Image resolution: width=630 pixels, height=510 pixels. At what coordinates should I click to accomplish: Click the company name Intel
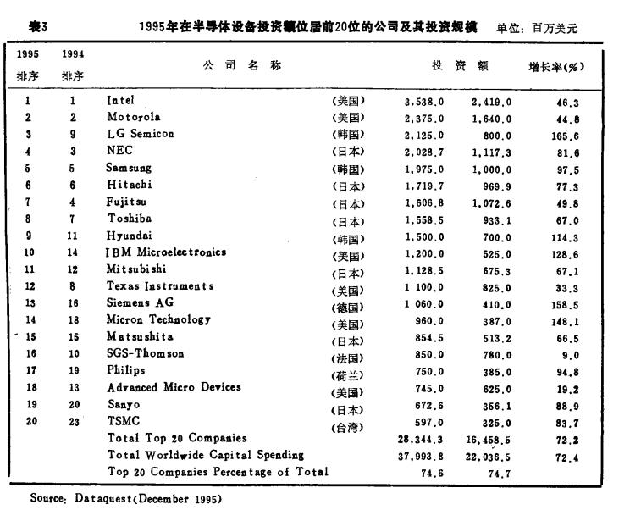(120, 100)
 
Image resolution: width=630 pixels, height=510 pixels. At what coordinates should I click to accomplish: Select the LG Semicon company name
(140, 134)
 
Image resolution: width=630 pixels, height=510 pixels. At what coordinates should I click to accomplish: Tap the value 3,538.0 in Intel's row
(424, 103)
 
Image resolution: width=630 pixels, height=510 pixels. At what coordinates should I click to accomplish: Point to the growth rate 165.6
(566, 136)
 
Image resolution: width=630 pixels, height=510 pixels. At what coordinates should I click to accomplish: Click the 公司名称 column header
(241, 65)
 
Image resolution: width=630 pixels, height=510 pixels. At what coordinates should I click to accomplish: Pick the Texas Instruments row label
(160, 286)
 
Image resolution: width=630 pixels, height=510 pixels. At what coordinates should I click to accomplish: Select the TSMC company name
(123, 420)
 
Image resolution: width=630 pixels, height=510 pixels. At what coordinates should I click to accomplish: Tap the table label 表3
(37, 25)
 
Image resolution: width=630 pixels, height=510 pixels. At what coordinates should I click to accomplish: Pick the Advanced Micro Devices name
(174, 387)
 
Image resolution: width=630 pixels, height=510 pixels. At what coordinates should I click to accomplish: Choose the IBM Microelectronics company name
(166, 252)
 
